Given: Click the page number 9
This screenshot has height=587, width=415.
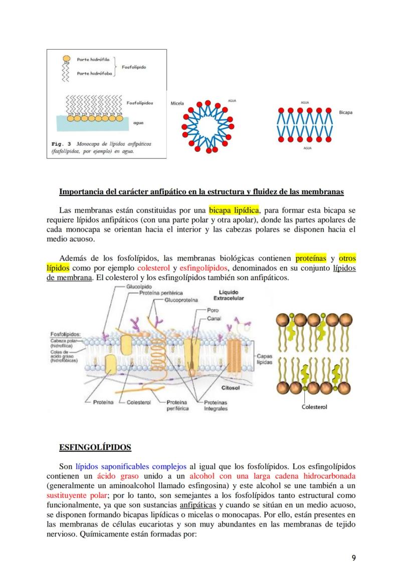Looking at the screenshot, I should coord(354,557).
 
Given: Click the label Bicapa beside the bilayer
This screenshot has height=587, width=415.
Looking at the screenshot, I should coord(345,112).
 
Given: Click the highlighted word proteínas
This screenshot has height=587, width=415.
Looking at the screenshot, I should coord(311,259).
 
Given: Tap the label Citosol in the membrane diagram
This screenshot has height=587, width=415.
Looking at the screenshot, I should coord(231,387).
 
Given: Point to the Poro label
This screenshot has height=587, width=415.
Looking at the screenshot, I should coord(213,311).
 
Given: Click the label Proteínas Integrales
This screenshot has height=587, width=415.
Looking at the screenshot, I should coord(216,406).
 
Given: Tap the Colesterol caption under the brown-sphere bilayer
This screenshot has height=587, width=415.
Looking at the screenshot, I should coord(314,407).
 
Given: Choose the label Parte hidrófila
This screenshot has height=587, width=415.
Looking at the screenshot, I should coord(89,59).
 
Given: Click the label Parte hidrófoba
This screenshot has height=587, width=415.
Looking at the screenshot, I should coord(90,73).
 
